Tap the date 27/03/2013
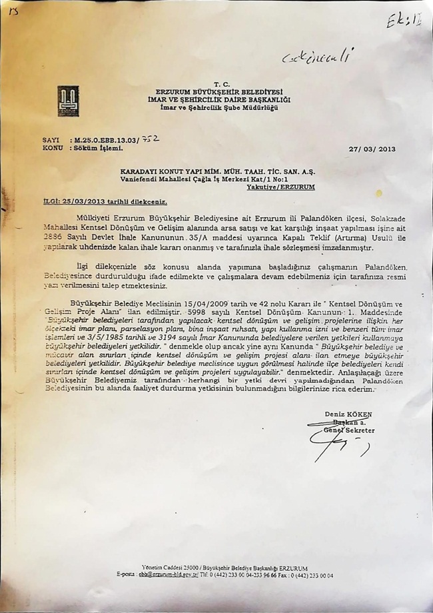372,149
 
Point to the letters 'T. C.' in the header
222,84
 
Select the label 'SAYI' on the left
51,141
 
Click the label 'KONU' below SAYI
52,148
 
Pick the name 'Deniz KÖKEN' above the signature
348,414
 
